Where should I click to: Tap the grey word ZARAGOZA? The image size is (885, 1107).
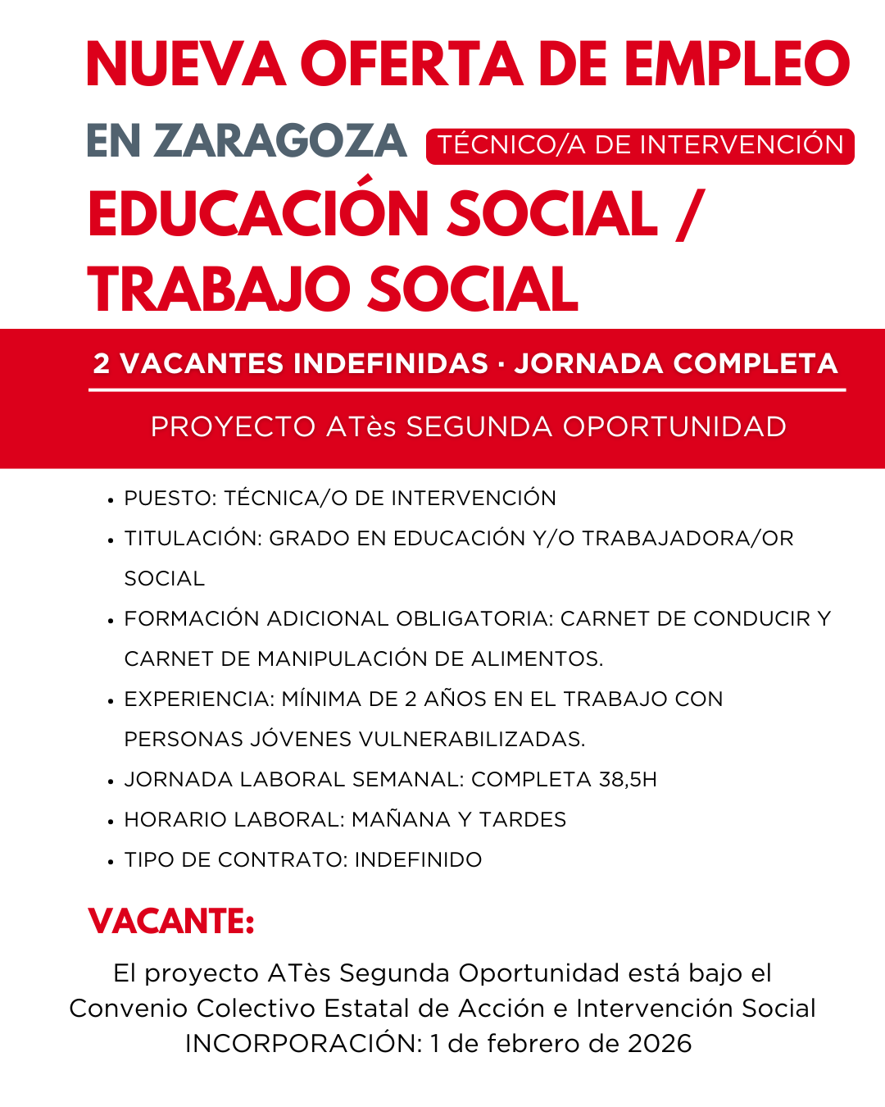coord(279,141)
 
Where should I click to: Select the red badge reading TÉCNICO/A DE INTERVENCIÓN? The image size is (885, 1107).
coord(640,145)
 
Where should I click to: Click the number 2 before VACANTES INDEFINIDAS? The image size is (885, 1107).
coord(102,363)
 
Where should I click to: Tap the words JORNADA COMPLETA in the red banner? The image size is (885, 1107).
coord(675,363)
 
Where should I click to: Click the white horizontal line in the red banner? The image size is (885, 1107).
coord(467,390)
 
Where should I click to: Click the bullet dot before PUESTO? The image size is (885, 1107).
coord(111,500)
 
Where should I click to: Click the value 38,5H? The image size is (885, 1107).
coord(628,780)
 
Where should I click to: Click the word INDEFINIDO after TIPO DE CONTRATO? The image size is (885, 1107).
coord(418,860)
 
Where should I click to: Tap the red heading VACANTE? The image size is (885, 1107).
coord(171,922)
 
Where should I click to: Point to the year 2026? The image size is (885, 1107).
coord(660,1044)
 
